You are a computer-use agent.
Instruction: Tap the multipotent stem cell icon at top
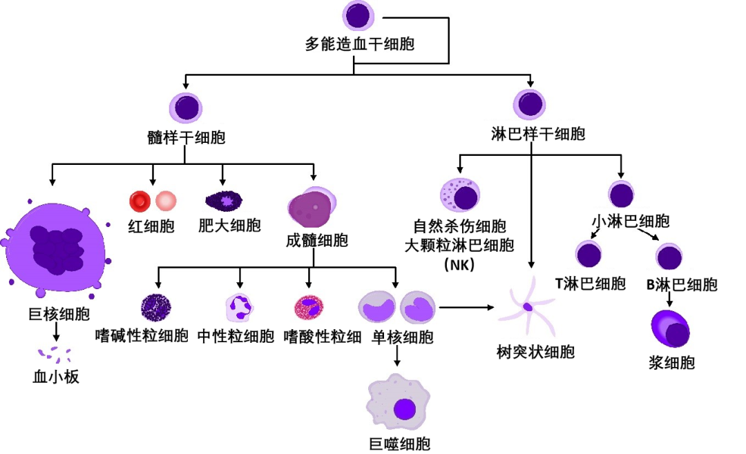point(358,16)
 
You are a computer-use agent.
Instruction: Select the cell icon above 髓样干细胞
point(186,108)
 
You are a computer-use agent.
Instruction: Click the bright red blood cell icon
point(140,201)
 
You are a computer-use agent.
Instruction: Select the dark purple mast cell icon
point(224,201)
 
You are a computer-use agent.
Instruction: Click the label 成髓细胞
point(316,240)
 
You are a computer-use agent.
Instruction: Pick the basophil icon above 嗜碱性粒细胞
point(155,307)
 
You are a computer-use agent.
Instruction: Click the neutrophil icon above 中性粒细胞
point(240,307)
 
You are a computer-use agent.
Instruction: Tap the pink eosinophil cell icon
point(308,307)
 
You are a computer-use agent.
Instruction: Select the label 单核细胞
point(403,337)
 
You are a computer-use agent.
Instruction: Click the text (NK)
point(459,263)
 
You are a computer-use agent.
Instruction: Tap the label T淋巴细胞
point(591,284)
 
